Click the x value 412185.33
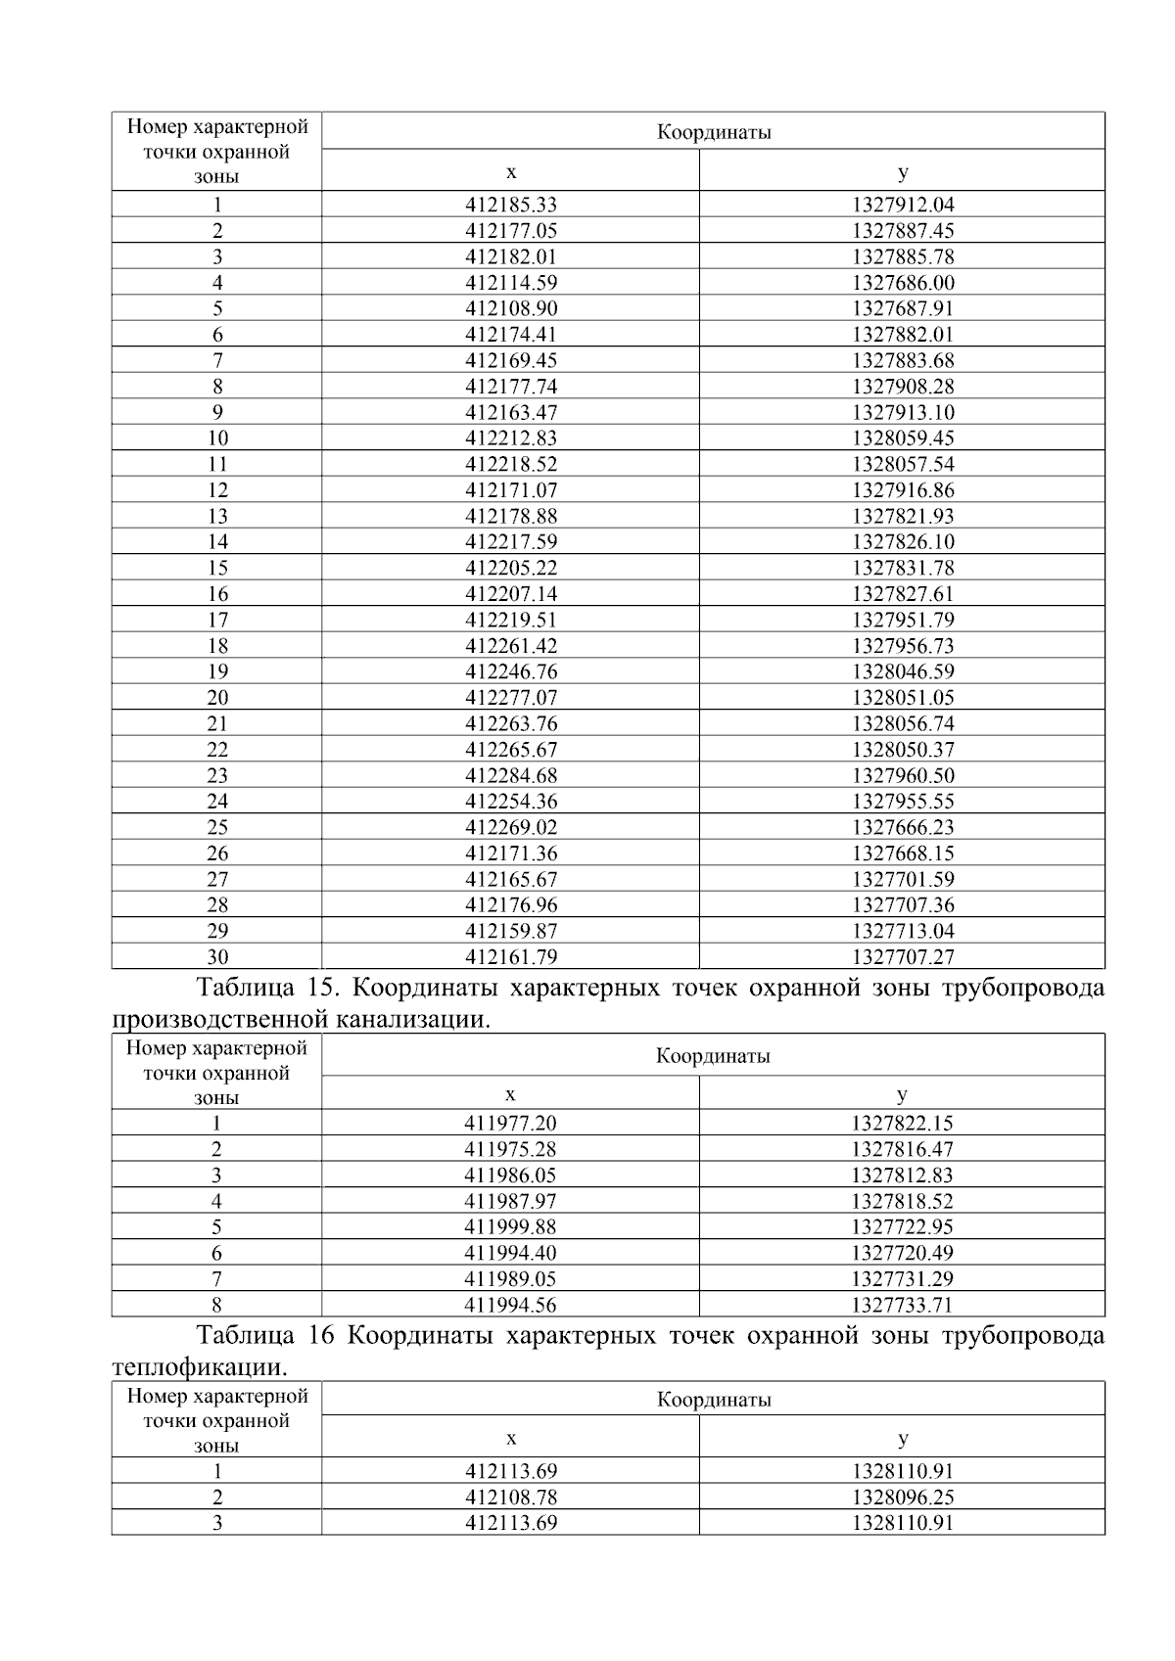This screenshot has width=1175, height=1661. pos(510,205)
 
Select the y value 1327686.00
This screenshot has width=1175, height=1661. pos(902,283)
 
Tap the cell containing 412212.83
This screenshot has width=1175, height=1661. pos(510,438)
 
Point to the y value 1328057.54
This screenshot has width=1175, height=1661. pos(902,464)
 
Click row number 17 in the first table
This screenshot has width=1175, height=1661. pos(217,620)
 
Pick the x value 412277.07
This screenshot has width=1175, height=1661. pos(510,698)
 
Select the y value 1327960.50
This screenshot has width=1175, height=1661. pos(902,775)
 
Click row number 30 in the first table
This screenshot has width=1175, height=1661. pos(217,957)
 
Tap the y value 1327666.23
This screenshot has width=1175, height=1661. pos(902,827)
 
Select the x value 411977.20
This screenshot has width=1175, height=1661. pos(509,1124)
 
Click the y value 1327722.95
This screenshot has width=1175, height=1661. pos(902,1227)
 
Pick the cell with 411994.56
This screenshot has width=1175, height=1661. pos(509,1305)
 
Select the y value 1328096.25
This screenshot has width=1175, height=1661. pos(902,1497)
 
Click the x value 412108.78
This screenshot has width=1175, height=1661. pos(510,1497)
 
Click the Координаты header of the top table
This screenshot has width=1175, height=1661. pos(713,132)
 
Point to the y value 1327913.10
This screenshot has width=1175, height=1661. pos(902,412)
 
